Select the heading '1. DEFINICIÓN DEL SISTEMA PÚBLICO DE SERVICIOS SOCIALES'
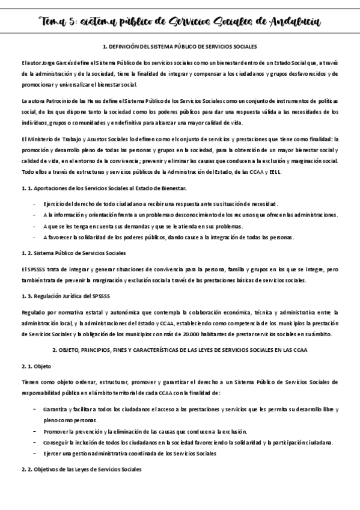pos(180,46)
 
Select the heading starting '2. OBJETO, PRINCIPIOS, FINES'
pos(180,349)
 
